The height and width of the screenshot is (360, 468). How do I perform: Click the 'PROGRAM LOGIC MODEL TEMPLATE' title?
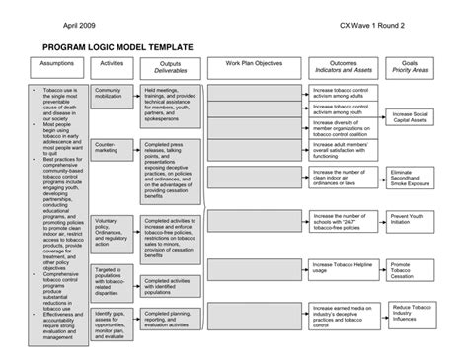[x=117, y=47]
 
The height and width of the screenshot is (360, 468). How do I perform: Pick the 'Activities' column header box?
[x=112, y=67]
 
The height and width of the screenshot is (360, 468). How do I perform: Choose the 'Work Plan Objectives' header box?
[x=254, y=67]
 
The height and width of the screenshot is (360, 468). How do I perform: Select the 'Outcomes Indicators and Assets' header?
[x=342, y=67]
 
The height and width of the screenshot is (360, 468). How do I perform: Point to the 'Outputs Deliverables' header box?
[x=170, y=67]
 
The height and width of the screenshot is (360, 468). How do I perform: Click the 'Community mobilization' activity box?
[x=112, y=95]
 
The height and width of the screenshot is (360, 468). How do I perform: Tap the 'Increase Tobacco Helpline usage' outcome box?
[x=342, y=268]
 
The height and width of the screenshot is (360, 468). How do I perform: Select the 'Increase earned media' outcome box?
[x=342, y=315]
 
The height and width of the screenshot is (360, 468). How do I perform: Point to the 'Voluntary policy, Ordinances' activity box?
[x=112, y=230]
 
